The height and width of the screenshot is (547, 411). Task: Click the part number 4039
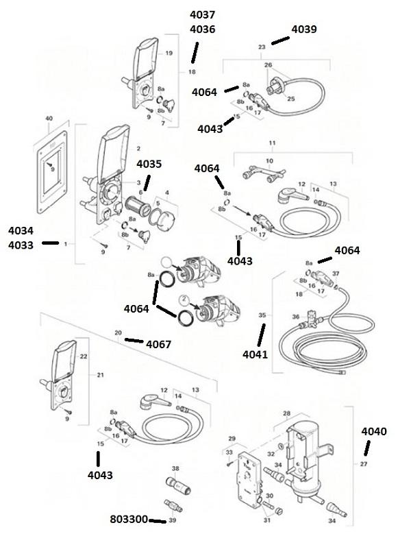pos(304,29)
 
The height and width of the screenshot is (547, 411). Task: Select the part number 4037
pos(202,15)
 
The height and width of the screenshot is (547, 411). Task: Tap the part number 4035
pos(149,165)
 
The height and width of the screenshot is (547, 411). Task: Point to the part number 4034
pos(21,229)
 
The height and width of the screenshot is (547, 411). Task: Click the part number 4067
pos(159,344)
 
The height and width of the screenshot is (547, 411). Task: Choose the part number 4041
pos(256,354)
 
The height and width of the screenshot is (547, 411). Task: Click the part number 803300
pos(129,520)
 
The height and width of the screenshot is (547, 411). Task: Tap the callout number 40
pos(49,119)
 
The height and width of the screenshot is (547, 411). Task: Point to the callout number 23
pos(261,47)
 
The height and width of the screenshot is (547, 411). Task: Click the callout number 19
pos(169,53)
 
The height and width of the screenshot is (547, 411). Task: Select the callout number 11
pos(271,142)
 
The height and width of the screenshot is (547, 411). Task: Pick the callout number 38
pos(175,469)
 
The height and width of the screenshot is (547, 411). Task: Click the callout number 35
pos(262,315)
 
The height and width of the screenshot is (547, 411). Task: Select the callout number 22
pos(84,356)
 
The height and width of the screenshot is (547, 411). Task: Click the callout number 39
pos(172,521)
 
